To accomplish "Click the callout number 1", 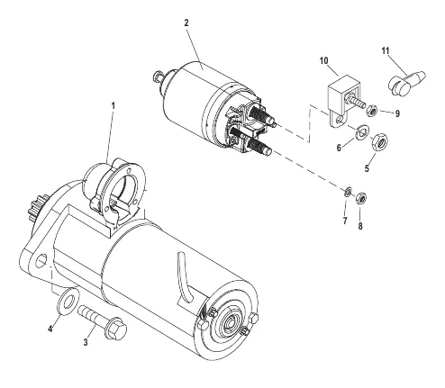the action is (x=114, y=105).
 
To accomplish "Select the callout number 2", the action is (x=186, y=23).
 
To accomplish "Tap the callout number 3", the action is (x=86, y=342).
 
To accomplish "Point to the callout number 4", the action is (x=50, y=329).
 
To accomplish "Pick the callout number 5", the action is (x=367, y=168).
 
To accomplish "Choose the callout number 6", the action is (x=339, y=148).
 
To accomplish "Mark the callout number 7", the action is (x=345, y=221).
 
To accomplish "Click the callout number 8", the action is (x=360, y=226).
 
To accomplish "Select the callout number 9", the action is (x=397, y=113).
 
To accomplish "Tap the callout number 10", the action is (x=324, y=60).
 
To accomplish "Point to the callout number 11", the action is (x=386, y=50).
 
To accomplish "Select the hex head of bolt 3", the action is (x=117, y=329).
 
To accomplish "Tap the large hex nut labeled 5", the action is (x=380, y=141).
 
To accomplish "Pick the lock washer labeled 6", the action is (x=361, y=131).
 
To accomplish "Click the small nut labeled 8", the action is (x=360, y=198).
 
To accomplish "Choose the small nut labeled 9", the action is (x=372, y=111).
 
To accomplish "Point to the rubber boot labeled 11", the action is (x=405, y=83).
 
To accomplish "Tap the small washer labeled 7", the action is (x=348, y=192).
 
